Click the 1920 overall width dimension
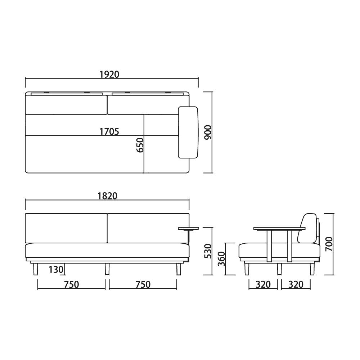tap(109, 75)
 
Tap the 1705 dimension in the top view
tap(109, 131)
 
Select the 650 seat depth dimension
tap(140, 145)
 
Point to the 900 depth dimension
tap(208, 132)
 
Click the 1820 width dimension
tap(107, 196)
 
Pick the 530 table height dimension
tap(208, 251)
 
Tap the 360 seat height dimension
tap(221, 259)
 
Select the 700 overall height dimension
tap(329, 244)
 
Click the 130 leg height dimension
tap(56, 270)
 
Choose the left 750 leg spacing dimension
tap(72, 284)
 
